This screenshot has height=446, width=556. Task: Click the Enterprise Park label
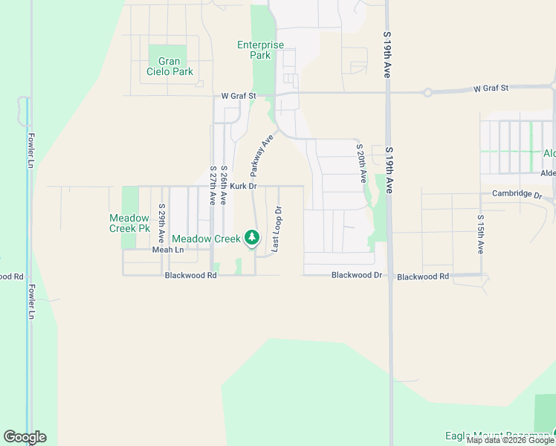tap(260, 50)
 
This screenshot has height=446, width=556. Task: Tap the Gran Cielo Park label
tap(171, 66)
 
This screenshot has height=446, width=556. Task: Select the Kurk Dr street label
tap(243, 186)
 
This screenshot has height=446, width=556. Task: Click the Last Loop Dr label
tap(276, 229)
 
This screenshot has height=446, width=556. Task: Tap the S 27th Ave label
tap(213, 186)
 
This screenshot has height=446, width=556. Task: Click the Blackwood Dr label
tap(356, 275)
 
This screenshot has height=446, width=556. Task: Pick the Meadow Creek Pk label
tap(130, 223)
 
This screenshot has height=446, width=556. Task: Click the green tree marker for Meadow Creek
tap(253, 238)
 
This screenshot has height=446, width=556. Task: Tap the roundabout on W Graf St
tap(427, 93)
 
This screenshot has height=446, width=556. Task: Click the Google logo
tap(25, 437)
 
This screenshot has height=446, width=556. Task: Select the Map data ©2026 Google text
tap(510, 441)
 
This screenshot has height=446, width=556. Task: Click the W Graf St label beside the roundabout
tap(491, 88)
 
